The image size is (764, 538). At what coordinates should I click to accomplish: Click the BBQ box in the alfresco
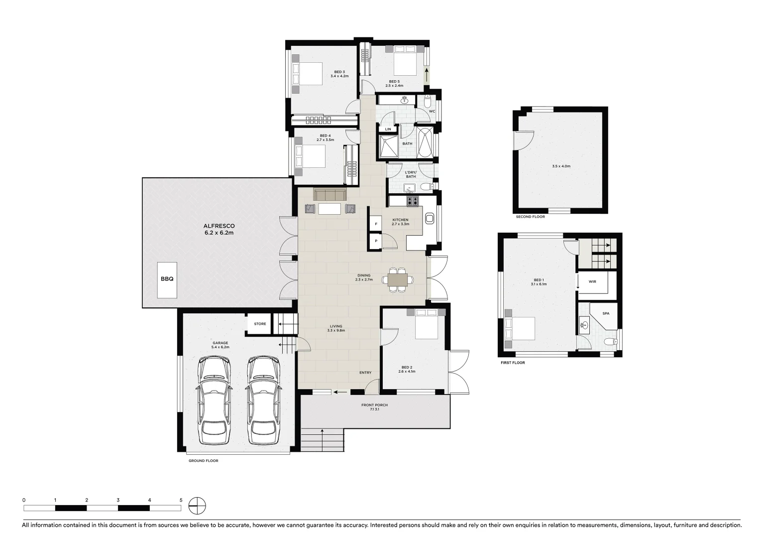point(167,279)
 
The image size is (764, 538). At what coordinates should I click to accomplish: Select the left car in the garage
point(214,401)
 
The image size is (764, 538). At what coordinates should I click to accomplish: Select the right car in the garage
point(263,401)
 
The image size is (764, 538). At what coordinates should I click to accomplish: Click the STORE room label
point(260,324)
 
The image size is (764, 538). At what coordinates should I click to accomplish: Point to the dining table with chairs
point(397,279)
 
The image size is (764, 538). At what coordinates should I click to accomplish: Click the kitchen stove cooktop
point(413,201)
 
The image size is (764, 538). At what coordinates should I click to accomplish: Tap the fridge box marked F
point(376,225)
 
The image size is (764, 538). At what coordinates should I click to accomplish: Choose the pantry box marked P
point(376,241)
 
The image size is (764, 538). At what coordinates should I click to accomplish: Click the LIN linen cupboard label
point(388,129)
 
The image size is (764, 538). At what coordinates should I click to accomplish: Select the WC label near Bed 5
point(432,111)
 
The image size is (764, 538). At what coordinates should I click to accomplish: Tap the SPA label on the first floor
point(606,314)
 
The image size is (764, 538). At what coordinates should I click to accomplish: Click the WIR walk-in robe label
point(592,281)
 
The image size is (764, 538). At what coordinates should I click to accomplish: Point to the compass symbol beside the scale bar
point(197,506)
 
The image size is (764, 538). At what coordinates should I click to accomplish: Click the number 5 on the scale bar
point(181,500)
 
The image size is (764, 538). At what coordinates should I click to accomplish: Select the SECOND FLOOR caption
point(530,217)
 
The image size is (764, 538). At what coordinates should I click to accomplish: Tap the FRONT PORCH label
point(374,405)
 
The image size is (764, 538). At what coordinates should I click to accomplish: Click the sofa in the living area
point(330,194)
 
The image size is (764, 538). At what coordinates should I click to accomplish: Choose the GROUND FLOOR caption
point(203,461)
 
